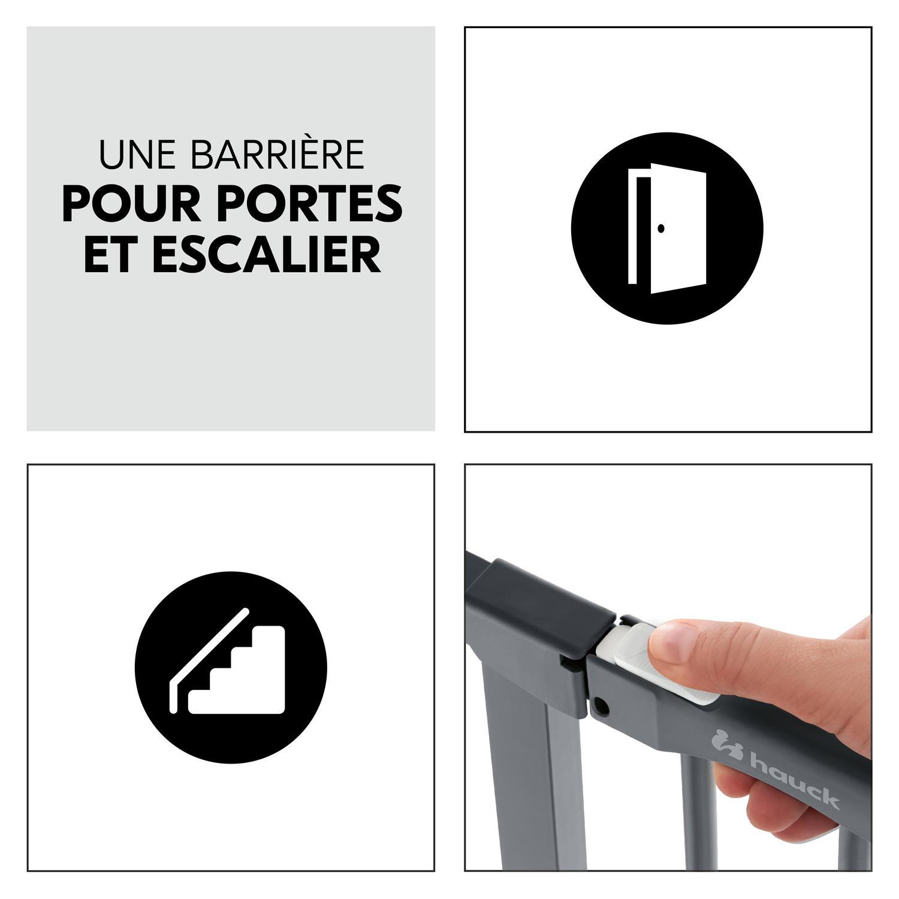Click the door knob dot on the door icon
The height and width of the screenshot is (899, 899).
(660, 228)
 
